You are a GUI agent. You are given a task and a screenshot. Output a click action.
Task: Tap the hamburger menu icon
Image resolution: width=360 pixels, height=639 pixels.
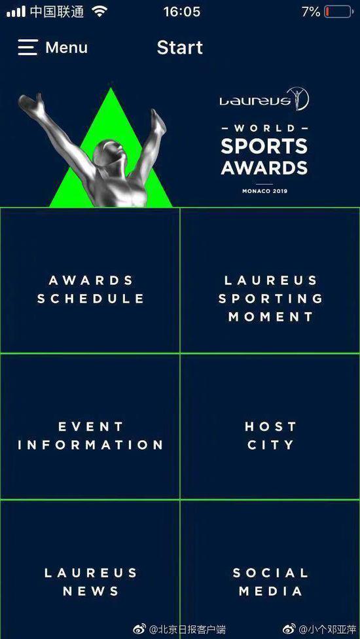(x=27, y=48)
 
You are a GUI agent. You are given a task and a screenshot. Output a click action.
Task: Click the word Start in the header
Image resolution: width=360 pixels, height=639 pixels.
(x=179, y=48)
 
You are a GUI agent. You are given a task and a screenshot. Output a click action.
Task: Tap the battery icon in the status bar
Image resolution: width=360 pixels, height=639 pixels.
(x=338, y=12)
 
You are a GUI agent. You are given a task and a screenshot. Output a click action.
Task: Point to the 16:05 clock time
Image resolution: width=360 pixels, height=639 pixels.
(x=181, y=12)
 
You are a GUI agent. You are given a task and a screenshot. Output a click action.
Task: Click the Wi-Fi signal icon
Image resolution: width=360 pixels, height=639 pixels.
(x=99, y=12)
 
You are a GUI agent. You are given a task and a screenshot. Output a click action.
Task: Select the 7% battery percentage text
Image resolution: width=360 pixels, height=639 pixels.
(x=311, y=12)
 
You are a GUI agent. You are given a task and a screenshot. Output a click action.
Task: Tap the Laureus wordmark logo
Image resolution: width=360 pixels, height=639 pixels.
(x=264, y=99)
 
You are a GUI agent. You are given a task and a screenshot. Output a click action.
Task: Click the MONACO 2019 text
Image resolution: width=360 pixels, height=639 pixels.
(x=264, y=191)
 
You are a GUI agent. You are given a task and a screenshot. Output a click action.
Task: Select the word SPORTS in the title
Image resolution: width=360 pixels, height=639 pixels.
(x=264, y=146)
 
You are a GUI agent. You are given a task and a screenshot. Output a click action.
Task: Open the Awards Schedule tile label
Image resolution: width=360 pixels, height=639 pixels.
(x=91, y=289)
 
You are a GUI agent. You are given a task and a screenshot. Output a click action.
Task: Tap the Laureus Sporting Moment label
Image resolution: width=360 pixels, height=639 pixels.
(x=271, y=299)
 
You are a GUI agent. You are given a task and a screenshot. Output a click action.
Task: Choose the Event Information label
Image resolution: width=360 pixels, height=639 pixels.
(x=90, y=435)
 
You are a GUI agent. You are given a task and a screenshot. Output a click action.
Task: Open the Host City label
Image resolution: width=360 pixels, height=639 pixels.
(x=270, y=435)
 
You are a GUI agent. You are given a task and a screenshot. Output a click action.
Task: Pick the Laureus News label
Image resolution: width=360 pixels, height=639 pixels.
(x=91, y=582)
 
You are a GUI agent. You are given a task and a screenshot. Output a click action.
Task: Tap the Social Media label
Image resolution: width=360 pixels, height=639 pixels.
(x=271, y=582)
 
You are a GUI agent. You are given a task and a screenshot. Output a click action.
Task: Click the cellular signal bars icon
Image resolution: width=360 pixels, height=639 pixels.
(x=16, y=12)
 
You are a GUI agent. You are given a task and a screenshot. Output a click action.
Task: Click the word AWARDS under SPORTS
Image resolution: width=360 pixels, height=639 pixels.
(x=264, y=168)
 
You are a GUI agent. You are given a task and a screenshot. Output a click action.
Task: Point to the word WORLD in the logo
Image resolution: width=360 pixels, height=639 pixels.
(x=264, y=128)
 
